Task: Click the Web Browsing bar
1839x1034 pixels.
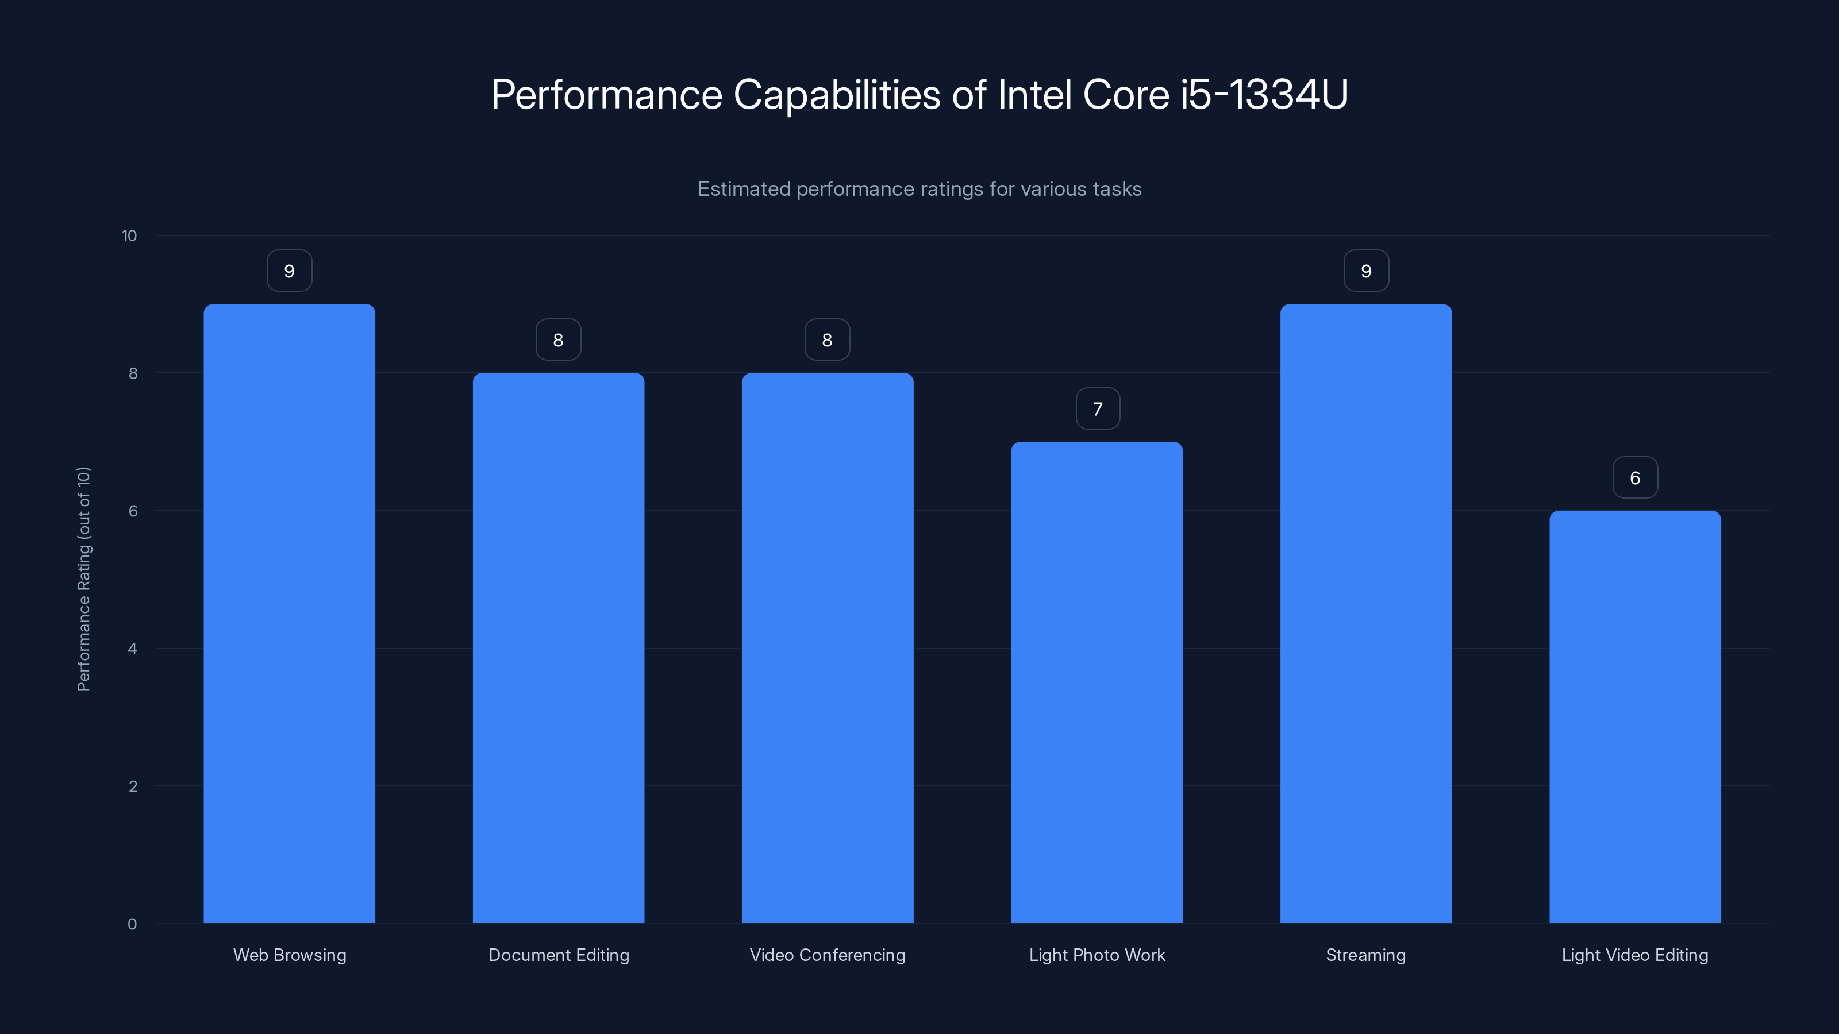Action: tap(289, 614)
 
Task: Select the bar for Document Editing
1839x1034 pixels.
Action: tap(558, 648)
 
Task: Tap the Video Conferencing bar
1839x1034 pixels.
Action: tap(828, 648)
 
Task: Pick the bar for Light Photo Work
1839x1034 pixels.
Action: tap(1097, 682)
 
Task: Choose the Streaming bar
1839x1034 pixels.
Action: tap(1365, 614)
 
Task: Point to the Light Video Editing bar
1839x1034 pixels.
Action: tap(1635, 716)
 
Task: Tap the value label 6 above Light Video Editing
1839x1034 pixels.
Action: tap(1635, 477)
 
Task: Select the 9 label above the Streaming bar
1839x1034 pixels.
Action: tap(1365, 271)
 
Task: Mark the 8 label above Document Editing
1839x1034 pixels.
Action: tap(558, 341)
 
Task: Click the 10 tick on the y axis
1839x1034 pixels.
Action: tap(129, 236)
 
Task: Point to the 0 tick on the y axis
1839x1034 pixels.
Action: tap(132, 924)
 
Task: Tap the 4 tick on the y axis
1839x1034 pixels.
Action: tap(132, 649)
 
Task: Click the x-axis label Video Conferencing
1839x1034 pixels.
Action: tap(828, 955)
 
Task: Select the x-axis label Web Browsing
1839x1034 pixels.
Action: tap(289, 955)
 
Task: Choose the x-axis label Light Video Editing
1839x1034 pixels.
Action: tap(1635, 955)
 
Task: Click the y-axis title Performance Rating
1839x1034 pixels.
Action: tap(83, 578)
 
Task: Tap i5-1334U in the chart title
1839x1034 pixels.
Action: tap(1264, 95)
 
